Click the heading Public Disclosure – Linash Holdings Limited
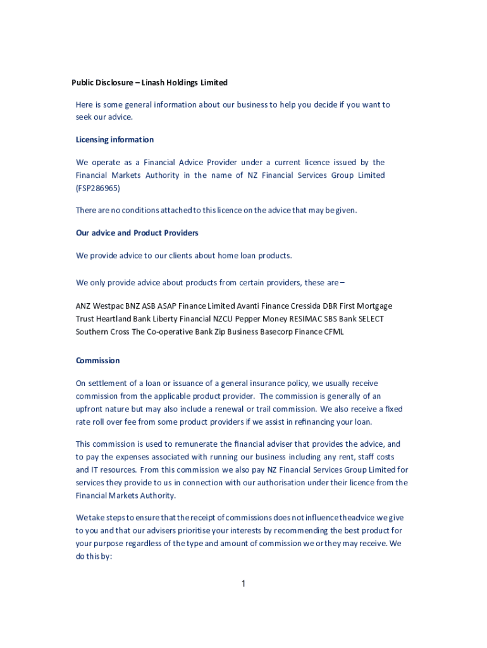pyautogui.click(x=149, y=82)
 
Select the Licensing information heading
pyautogui.click(x=114, y=139)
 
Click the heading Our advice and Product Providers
pyautogui.click(x=137, y=233)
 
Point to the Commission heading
pyautogui.click(x=97, y=360)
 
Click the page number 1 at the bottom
pyautogui.click(x=243, y=583)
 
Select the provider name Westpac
pyautogui.click(x=109, y=306)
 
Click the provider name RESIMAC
pyautogui.click(x=306, y=319)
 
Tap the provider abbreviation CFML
pyautogui.click(x=334, y=332)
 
